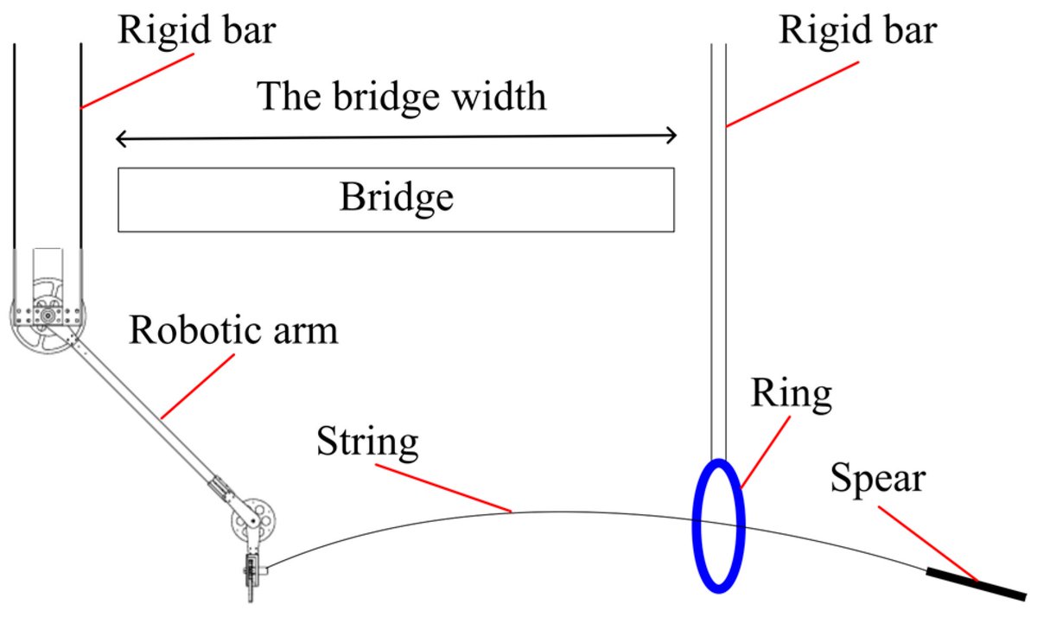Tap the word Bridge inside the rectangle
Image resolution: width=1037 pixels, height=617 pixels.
396,198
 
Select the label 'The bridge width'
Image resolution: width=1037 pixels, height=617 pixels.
403,96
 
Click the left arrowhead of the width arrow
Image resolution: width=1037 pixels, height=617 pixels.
121,137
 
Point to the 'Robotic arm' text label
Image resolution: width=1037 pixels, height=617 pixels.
233,329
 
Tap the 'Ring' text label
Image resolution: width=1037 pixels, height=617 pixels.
791,393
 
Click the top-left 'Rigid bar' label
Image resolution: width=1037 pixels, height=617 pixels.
198,31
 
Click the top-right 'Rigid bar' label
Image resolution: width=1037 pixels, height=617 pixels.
858,31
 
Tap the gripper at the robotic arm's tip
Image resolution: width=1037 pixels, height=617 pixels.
251,577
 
